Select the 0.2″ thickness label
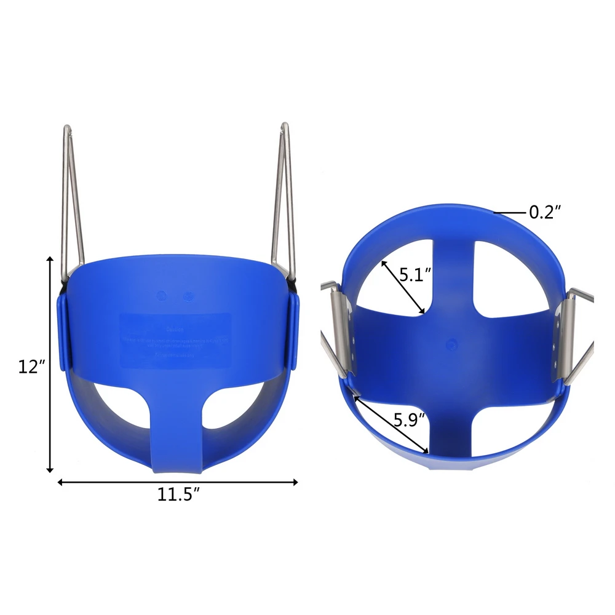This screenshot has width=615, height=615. click(545, 213)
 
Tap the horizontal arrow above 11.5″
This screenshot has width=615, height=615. click(178, 482)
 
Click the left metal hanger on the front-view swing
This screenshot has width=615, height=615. click(72, 197)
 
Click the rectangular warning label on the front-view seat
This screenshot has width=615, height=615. click(175, 340)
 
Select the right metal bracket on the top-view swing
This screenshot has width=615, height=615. click(566, 335)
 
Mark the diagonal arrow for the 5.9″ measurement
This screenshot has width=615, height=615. click(391, 424)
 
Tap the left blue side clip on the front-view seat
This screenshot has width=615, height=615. click(62, 332)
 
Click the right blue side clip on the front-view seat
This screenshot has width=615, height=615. click(294, 332)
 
